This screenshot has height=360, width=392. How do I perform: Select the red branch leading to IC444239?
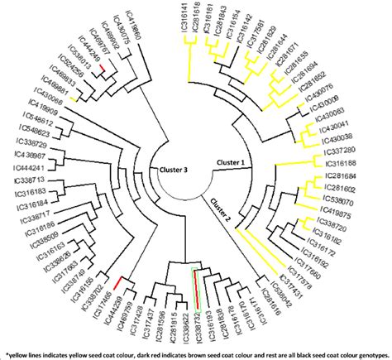(x=123, y=282)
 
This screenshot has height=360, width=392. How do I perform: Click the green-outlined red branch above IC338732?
(x=195, y=281)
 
